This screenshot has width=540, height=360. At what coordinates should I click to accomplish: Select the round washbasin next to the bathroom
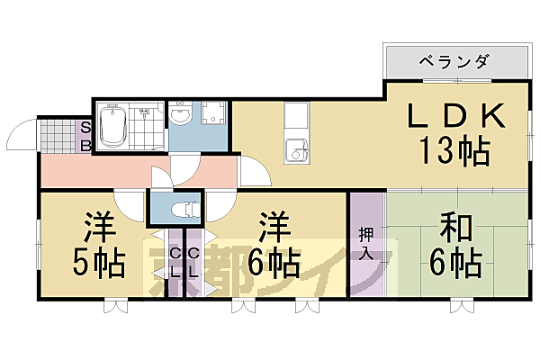coord(180,114)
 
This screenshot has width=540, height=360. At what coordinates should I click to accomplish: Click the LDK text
coord(455,116)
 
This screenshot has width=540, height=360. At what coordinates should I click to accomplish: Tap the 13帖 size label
coord(453,149)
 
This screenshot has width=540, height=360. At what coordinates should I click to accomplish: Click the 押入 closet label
coord(365,242)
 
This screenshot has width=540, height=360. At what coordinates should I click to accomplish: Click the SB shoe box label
coord(86,136)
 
